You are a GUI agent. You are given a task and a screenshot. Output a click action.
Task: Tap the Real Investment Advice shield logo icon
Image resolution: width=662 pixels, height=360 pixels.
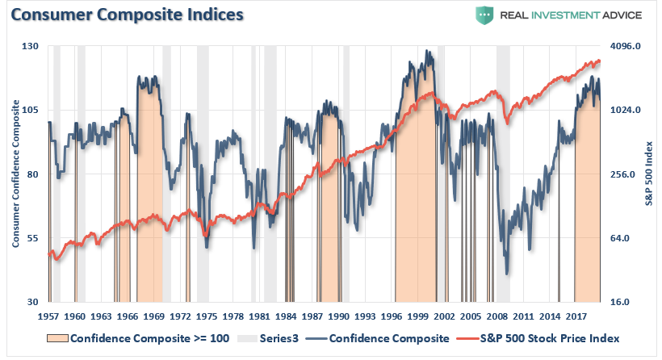(x=484, y=15)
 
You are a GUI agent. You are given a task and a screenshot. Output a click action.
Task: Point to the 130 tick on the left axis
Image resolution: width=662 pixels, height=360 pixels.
(x=31, y=47)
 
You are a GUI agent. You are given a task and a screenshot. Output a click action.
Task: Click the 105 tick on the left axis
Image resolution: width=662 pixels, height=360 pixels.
(x=31, y=111)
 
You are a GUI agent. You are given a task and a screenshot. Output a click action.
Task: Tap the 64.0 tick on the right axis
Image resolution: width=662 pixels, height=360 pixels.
(x=628, y=239)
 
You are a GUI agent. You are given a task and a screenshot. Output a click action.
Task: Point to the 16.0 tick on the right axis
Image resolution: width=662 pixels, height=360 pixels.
(x=628, y=303)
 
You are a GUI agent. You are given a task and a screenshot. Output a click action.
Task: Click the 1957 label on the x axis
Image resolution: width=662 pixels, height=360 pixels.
(x=50, y=316)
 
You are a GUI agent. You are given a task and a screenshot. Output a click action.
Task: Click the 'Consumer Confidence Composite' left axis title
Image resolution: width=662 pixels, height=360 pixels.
(x=15, y=174)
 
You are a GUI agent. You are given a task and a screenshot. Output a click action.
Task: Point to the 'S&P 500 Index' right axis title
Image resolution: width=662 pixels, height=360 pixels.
(x=648, y=174)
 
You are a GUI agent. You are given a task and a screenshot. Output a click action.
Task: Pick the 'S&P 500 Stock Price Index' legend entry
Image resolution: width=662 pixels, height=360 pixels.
(x=549, y=338)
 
